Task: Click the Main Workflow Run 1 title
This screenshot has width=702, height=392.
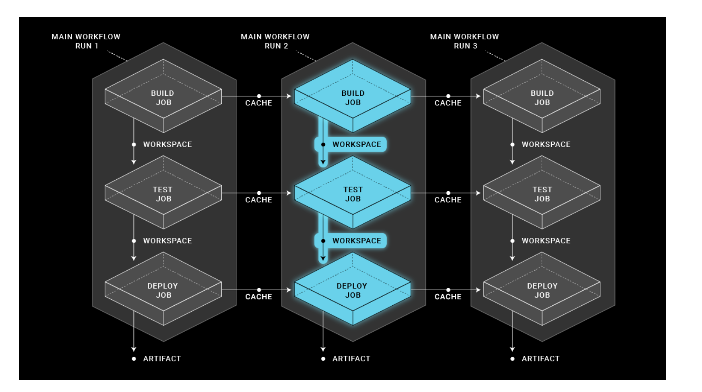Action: pos(86,41)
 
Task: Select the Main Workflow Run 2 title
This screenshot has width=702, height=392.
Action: pos(275,41)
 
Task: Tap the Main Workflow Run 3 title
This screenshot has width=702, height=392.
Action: pos(464,41)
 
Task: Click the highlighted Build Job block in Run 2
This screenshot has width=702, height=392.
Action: pos(353,97)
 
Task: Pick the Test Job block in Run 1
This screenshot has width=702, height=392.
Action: pos(163,194)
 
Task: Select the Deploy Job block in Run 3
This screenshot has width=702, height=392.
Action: pos(542,290)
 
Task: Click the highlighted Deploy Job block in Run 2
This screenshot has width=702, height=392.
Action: pos(353,290)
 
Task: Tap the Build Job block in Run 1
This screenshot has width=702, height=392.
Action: pos(163,97)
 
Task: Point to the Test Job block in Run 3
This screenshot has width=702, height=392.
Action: pos(542,194)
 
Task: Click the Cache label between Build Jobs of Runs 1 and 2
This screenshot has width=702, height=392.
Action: pos(258,103)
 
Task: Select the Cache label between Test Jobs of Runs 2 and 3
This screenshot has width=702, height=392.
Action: pos(448,200)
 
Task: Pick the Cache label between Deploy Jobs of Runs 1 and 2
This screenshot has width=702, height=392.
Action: pos(258,297)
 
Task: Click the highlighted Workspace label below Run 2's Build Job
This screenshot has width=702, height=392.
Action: pos(357,144)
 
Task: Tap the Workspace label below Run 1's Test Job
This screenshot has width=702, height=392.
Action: pos(167,241)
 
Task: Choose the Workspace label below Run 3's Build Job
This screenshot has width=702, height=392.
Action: pos(546,144)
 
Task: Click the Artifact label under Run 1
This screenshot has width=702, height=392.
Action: pos(162,359)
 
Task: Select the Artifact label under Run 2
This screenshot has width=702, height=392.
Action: pos(351,359)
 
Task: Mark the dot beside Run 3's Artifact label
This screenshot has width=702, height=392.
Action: pos(512,359)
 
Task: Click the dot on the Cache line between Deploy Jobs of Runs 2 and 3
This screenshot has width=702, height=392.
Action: pos(448,290)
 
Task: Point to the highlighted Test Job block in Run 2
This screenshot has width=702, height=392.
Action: pos(353,194)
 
